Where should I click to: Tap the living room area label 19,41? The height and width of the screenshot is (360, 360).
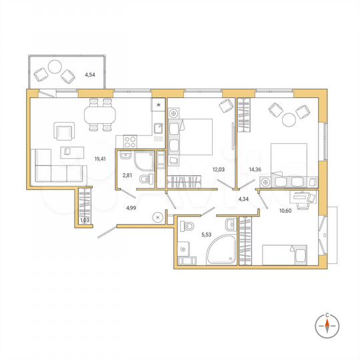point(101,159)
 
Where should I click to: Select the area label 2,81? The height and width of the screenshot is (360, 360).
point(127,176)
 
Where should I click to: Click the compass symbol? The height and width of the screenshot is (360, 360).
point(328,325)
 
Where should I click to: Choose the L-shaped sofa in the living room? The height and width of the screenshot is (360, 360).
point(56,167)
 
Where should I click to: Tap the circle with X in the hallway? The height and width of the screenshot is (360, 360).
point(157,217)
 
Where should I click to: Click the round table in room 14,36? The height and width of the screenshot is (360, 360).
point(290,120)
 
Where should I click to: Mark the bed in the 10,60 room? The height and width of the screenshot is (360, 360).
point(285,256)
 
